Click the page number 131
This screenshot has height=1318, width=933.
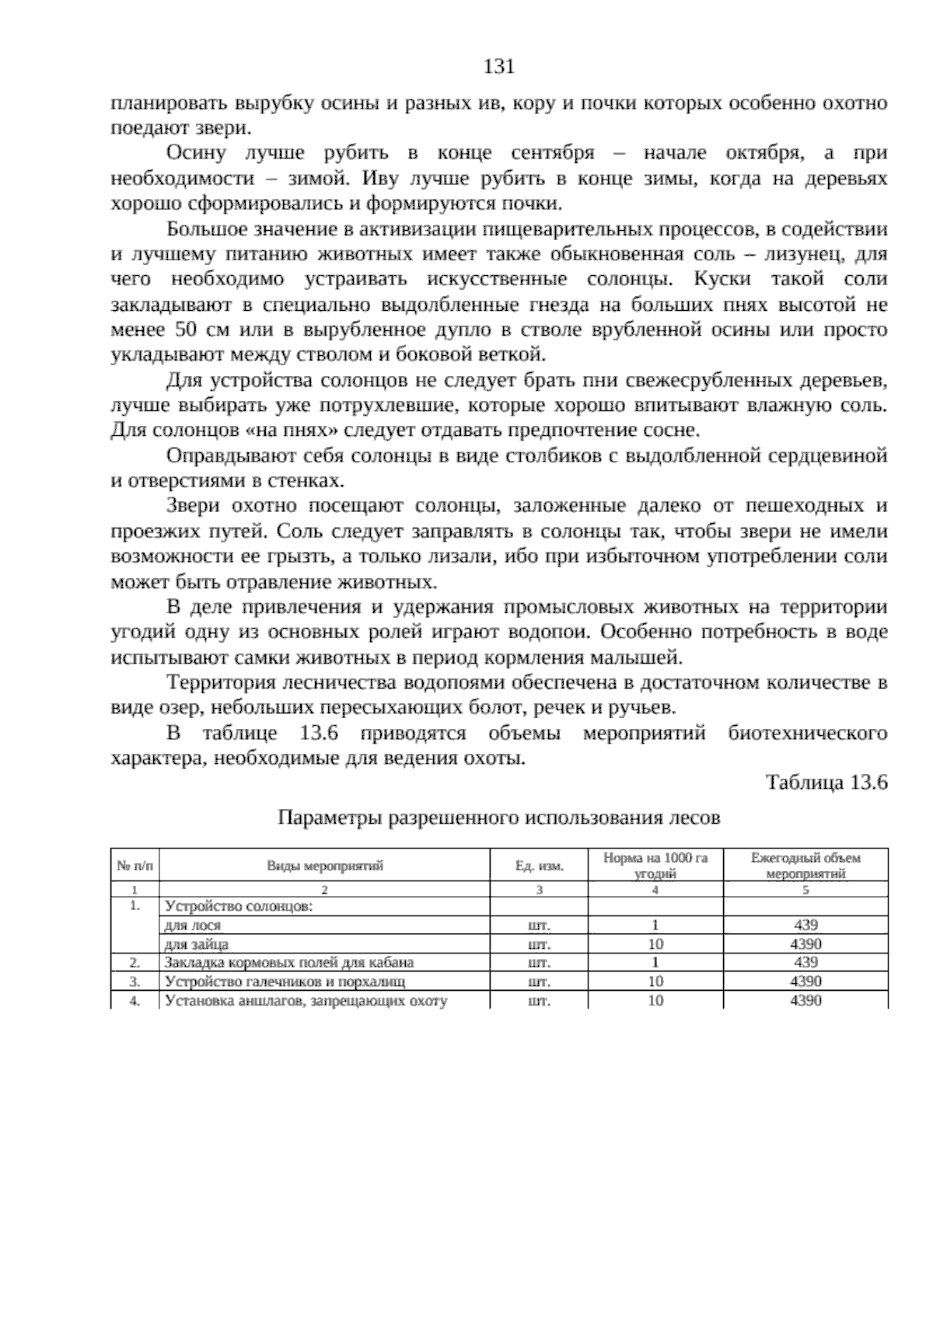(x=499, y=67)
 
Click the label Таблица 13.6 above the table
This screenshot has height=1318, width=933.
(x=826, y=782)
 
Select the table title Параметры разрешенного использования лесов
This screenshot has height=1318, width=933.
(x=499, y=818)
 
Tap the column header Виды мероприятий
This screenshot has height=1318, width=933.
(x=325, y=866)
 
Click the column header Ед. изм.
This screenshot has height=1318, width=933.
(x=540, y=866)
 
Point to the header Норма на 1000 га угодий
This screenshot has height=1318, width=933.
(x=655, y=866)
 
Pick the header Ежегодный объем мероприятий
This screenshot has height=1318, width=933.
(x=805, y=866)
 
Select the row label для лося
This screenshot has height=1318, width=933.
(x=193, y=926)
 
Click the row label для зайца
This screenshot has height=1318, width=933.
(x=197, y=944)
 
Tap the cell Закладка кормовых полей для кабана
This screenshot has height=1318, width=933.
(x=289, y=963)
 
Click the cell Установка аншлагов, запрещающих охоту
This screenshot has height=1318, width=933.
(x=307, y=1000)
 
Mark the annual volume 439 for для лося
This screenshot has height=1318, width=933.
(x=805, y=926)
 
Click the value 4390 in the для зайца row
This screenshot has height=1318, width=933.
(x=805, y=944)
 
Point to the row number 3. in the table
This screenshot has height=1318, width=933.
(x=135, y=982)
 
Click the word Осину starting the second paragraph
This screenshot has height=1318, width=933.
(x=196, y=153)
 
